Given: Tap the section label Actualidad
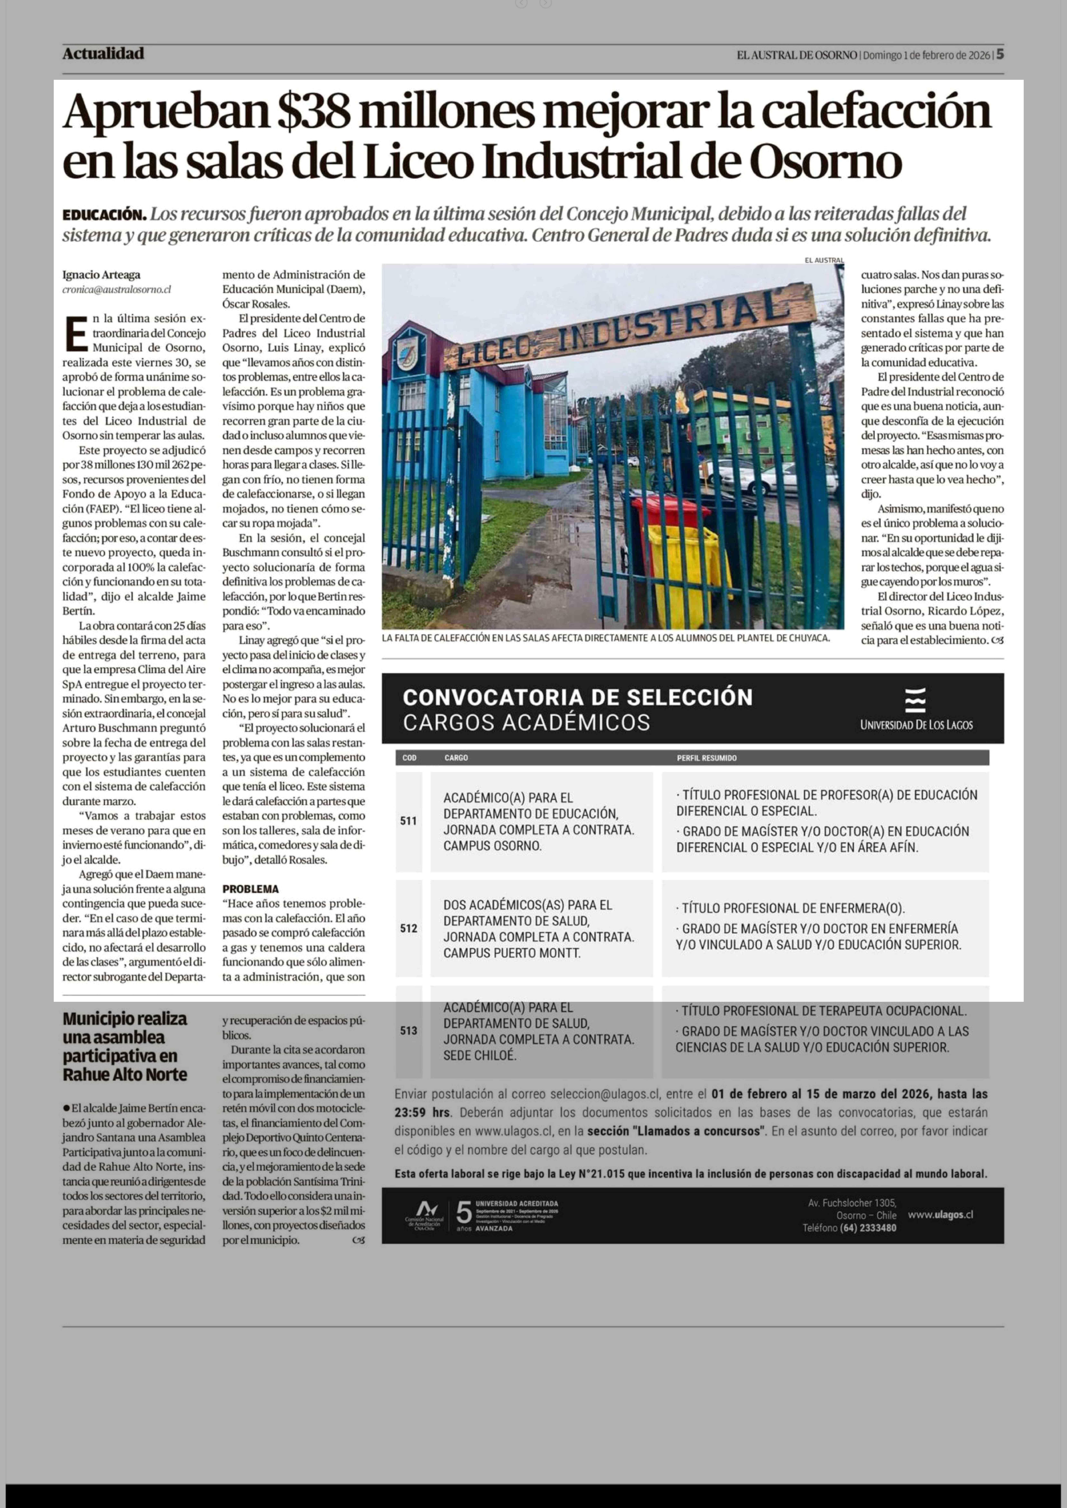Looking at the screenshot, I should (x=103, y=54).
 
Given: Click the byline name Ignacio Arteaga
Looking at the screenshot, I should (x=101, y=275).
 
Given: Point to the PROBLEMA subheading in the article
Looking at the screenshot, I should (x=250, y=889).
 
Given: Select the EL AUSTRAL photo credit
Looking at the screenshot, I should (x=824, y=260).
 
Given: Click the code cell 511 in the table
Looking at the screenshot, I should (x=409, y=821).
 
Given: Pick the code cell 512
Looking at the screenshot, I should (x=409, y=928).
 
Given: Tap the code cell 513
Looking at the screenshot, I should (x=409, y=1031).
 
